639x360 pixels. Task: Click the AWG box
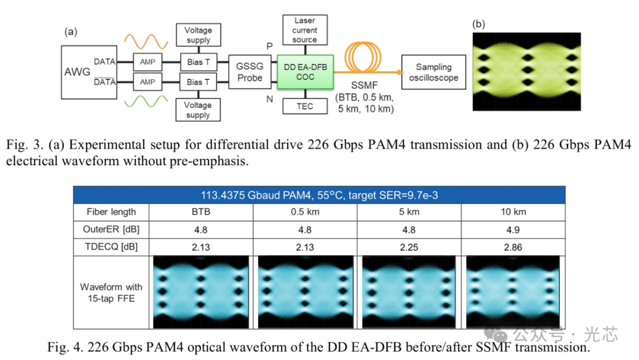(x=78, y=72)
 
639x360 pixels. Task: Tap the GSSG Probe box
(x=250, y=72)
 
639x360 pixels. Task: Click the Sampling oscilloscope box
(x=433, y=72)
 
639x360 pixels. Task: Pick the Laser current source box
(x=304, y=30)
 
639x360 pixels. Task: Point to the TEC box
(x=304, y=107)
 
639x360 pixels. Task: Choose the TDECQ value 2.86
(x=512, y=247)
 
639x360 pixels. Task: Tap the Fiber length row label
(x=111, y=212)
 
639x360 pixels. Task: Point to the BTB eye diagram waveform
(x=201, y=292)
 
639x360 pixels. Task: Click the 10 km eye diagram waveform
(x=512, y=292)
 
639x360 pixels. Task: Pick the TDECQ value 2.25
(x=408, y=247)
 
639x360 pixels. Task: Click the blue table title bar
(x=319, y=195)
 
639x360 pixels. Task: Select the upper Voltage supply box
(x=198, y=35)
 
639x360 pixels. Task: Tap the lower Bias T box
(x=198, y=82)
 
